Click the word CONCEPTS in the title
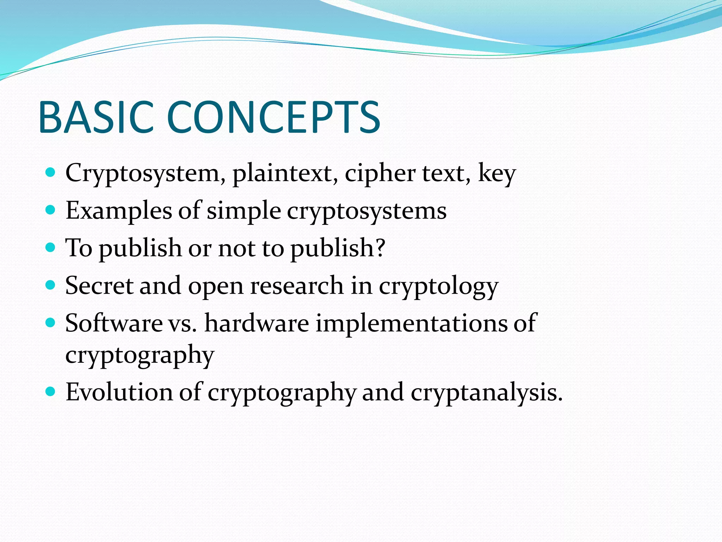273,117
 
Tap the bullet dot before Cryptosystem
51,173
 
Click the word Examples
118,211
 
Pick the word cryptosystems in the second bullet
367,212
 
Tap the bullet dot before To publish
51,247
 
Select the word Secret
99,285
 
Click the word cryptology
438,287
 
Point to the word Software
114,323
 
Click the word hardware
257,323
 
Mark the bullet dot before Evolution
51,391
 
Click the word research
296,286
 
